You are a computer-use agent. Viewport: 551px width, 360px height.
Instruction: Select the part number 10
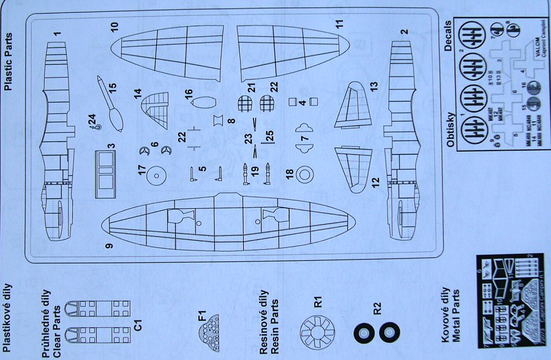114,28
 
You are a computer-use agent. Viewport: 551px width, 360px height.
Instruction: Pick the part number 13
374,85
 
